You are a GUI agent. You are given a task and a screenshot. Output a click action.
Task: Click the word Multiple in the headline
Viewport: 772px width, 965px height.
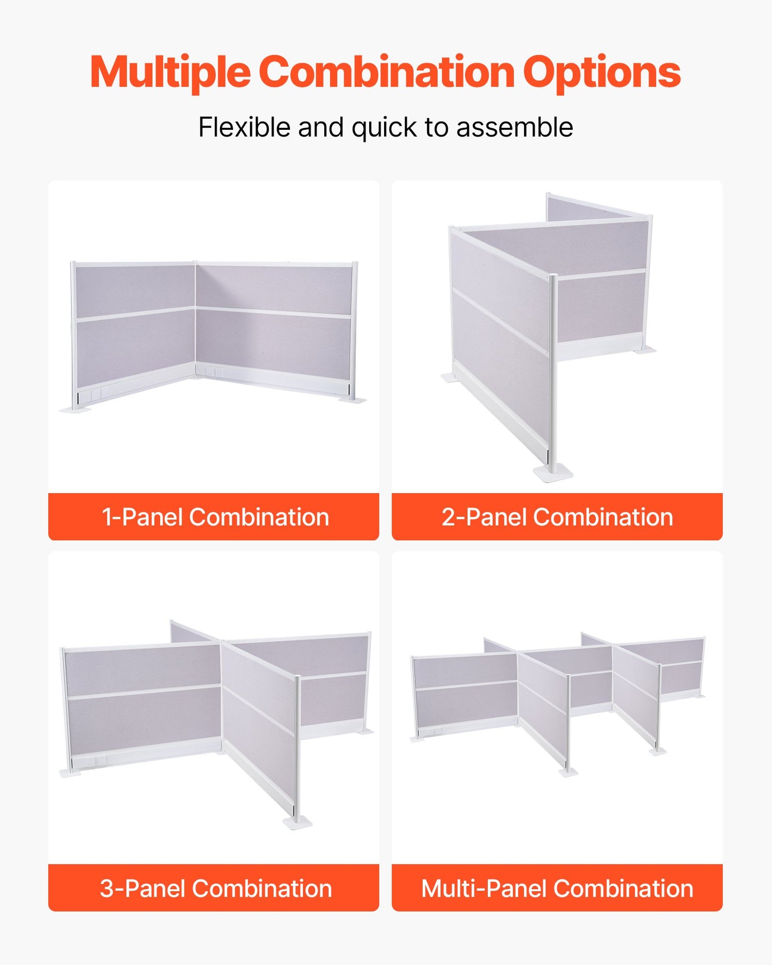[170, 73]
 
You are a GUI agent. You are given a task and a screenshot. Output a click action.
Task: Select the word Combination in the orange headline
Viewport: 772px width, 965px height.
[386, 73]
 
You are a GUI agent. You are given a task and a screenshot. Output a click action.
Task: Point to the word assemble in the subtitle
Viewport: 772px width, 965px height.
[514, 128]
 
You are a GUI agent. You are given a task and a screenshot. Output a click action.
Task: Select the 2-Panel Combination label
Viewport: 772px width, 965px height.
[557, 517]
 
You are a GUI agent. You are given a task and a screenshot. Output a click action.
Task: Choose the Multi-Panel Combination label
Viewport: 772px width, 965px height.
[557, 888]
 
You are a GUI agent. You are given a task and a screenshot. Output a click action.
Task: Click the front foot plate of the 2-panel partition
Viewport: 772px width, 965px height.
[553, 473]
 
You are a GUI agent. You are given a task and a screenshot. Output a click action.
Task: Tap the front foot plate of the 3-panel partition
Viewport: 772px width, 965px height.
[297, 822]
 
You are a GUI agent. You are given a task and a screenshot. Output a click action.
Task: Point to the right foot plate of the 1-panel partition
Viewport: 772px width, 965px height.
[353, 399]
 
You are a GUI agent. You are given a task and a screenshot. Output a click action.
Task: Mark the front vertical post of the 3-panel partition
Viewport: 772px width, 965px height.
[297, 748]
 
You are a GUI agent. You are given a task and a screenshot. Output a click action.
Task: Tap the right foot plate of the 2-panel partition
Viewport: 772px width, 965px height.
[645, 351]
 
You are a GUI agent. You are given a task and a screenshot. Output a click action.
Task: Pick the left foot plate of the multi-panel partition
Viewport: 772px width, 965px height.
[417, 738]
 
